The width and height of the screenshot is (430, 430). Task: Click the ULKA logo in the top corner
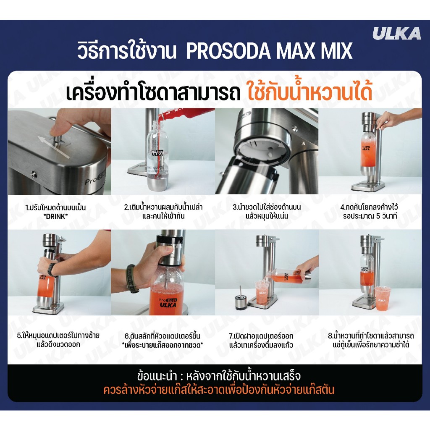tap(396, 34)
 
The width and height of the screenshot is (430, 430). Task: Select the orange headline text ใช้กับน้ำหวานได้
tap(310, 92)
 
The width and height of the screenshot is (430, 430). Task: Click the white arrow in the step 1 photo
tap(54, 147)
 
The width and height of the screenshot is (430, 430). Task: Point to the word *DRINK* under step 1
tap(55, 216)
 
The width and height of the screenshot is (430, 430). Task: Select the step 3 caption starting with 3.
tap(267, 212)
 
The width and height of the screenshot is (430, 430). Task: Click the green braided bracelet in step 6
tap(131, 278)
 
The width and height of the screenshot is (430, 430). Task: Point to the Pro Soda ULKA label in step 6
tap(168, 302)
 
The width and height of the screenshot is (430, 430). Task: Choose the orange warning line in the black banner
tap(218, 390)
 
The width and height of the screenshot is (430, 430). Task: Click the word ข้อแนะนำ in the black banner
tap(157, 376)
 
